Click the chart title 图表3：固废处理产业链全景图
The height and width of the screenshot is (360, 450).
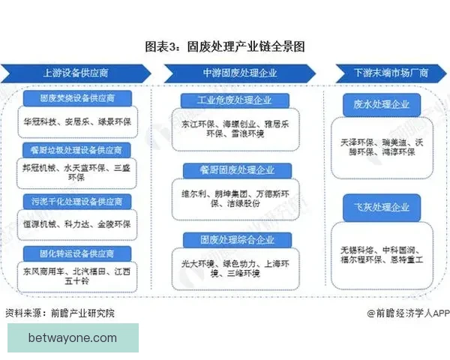tap(225, 46)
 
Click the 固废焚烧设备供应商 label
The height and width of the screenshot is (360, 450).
tap(77, 98)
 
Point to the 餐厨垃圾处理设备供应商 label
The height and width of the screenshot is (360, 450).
tap(77, 150)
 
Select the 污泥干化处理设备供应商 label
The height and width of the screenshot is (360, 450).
tap(77, 201)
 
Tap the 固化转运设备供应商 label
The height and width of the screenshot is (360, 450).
tap(77, 253)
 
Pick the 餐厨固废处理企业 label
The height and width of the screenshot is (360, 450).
tap(229, 170)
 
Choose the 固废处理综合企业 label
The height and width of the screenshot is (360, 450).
tap(229, 240)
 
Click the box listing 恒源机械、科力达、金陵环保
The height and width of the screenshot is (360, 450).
tap(77, 223)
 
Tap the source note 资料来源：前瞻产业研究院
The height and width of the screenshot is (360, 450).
tap(60, 312)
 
